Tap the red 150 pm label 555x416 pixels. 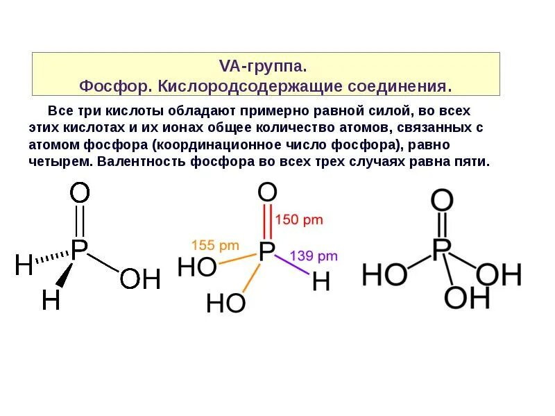[x=300, y=219]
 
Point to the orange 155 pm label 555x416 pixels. [x=215, y=245]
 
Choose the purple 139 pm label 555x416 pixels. [x=314, y=256]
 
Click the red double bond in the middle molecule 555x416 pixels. [x=268, y=221]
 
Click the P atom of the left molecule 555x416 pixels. [x=80, y=249]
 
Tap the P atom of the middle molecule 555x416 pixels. [x=267, y=251]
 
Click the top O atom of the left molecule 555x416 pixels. [x=80, y=194]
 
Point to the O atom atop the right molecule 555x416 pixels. [x=442, y=201]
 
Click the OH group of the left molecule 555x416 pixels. [x=139, y=279]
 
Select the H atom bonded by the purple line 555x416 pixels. [x=321, y=281]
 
